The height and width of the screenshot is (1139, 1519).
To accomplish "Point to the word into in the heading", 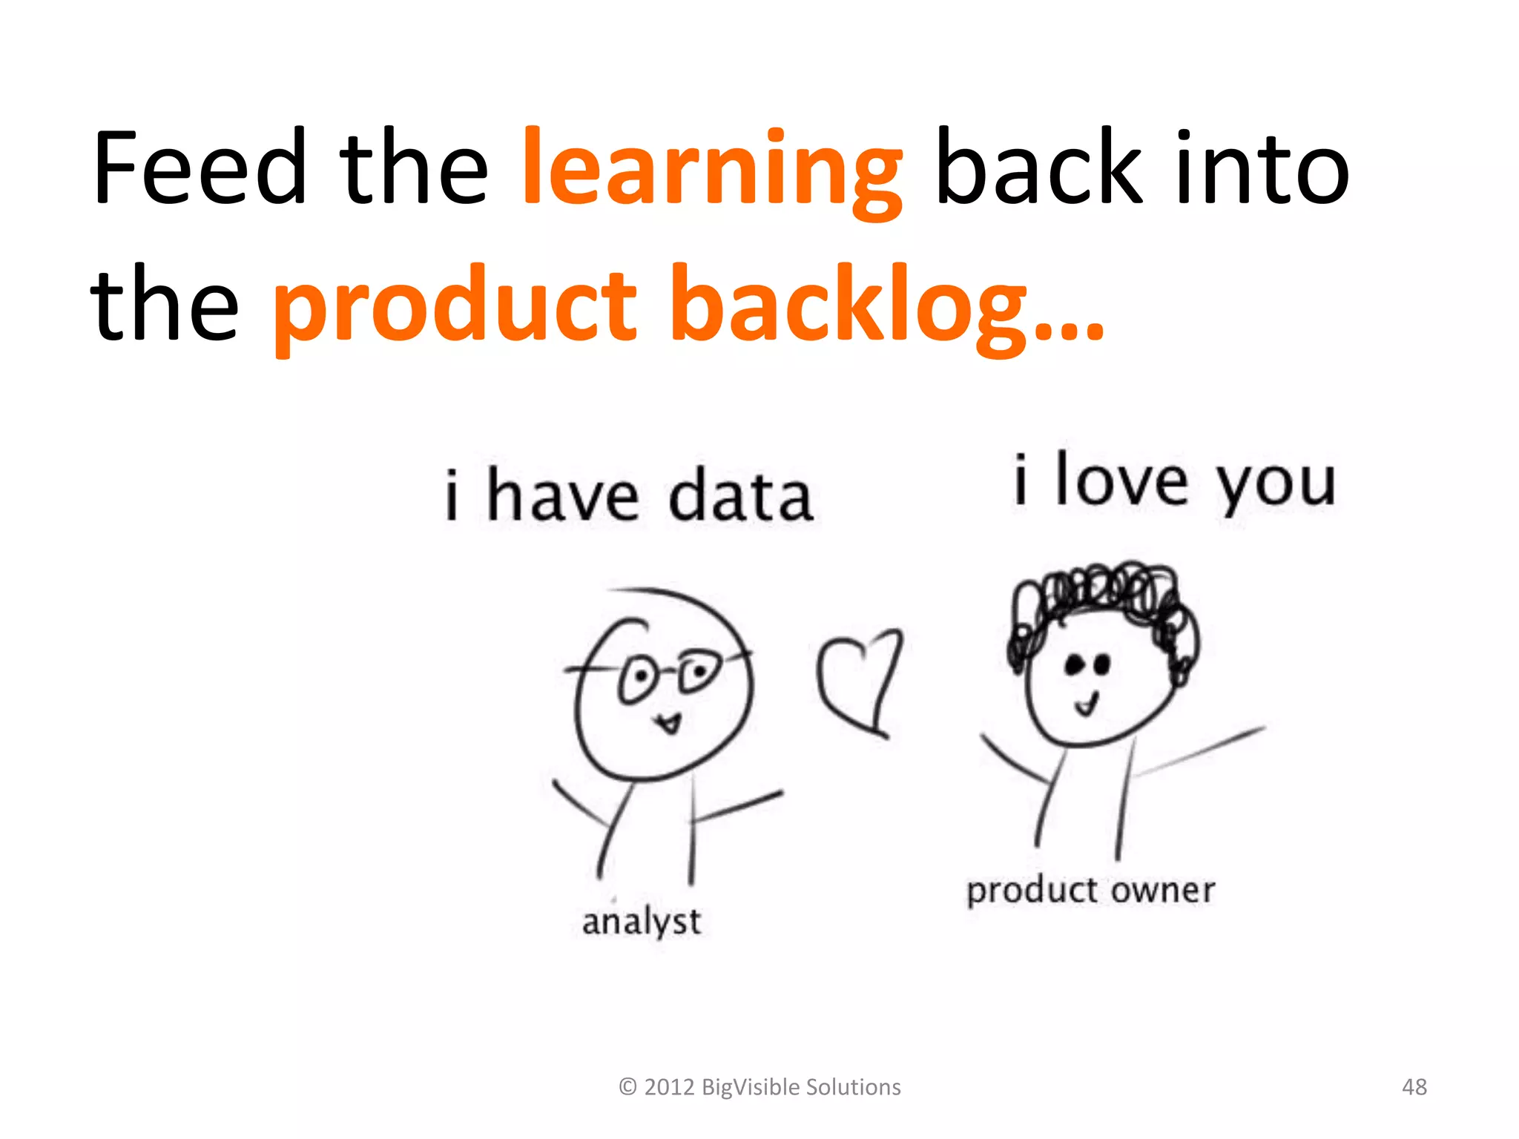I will pos(1261,169).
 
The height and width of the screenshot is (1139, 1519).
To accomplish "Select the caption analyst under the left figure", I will pos(642,922).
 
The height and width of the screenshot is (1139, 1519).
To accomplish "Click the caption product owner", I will pos(1090,891).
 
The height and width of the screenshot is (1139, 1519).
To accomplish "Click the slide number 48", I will pos(1414,1087).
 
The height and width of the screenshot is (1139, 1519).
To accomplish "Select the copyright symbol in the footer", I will pos(627,1087).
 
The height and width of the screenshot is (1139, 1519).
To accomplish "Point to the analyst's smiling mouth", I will pos(670,722).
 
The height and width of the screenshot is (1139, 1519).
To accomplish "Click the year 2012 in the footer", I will pos(669,1087).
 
